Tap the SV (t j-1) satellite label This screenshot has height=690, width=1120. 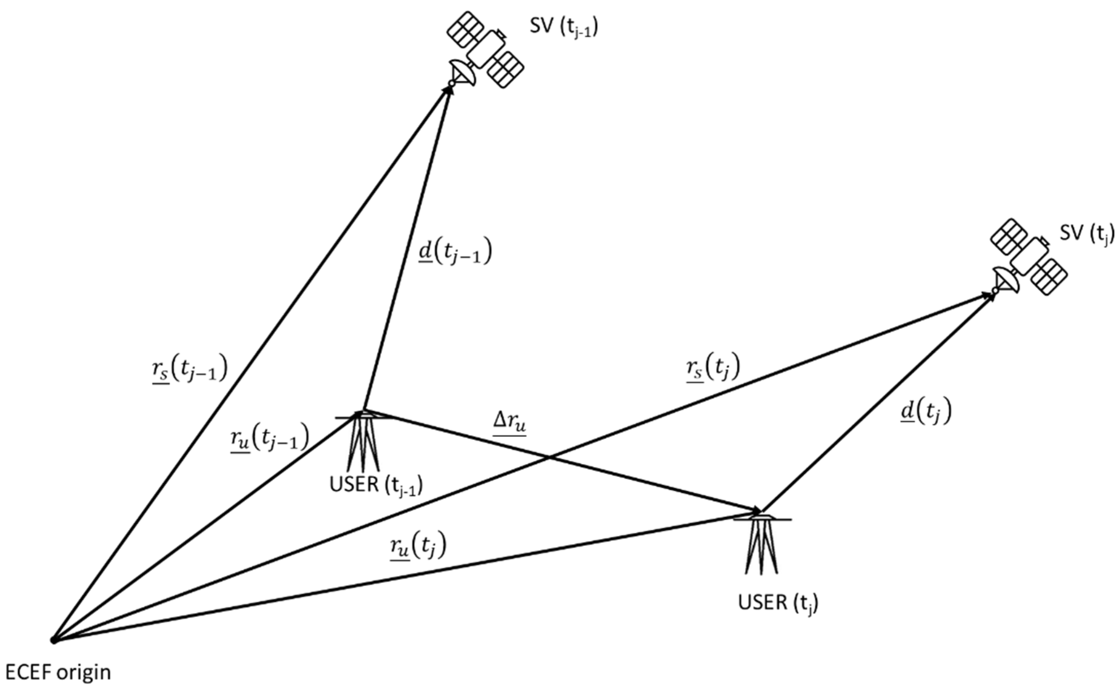564,28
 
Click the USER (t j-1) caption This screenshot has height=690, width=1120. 376,486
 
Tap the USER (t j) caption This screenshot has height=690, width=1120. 778,604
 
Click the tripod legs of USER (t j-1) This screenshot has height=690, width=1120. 364,445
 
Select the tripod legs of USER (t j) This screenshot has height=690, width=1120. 762,548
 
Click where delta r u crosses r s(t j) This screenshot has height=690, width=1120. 549,457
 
